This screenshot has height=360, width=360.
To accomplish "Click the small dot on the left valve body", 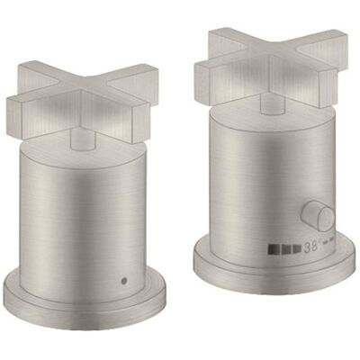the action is point(123,281).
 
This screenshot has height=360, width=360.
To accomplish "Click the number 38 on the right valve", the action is point(310,247).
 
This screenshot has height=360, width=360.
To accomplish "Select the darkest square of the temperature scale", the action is point(272,248).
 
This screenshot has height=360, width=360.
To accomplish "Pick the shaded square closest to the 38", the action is point(297,248).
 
